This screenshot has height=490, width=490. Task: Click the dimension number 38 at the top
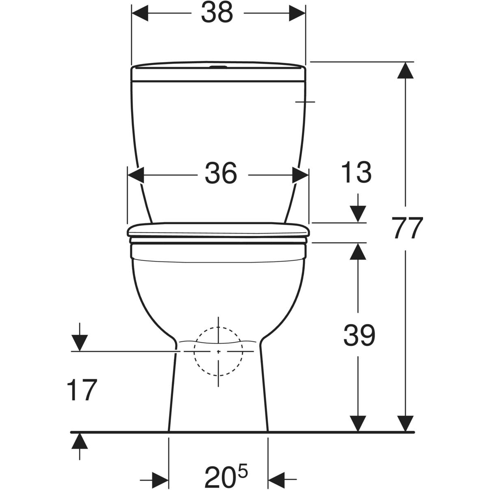[x=217, y=13]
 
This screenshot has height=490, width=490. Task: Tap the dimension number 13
[x=356, y=173]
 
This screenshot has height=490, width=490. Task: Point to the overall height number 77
[x=407, y=228]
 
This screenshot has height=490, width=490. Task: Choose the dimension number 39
[x=359, y=335]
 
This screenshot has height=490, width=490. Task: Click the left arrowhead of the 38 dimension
[x=140, y=13]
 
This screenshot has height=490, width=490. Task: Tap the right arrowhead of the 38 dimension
[x=297, y=13]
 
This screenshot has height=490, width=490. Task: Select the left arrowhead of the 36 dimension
[x=136, y=175]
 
